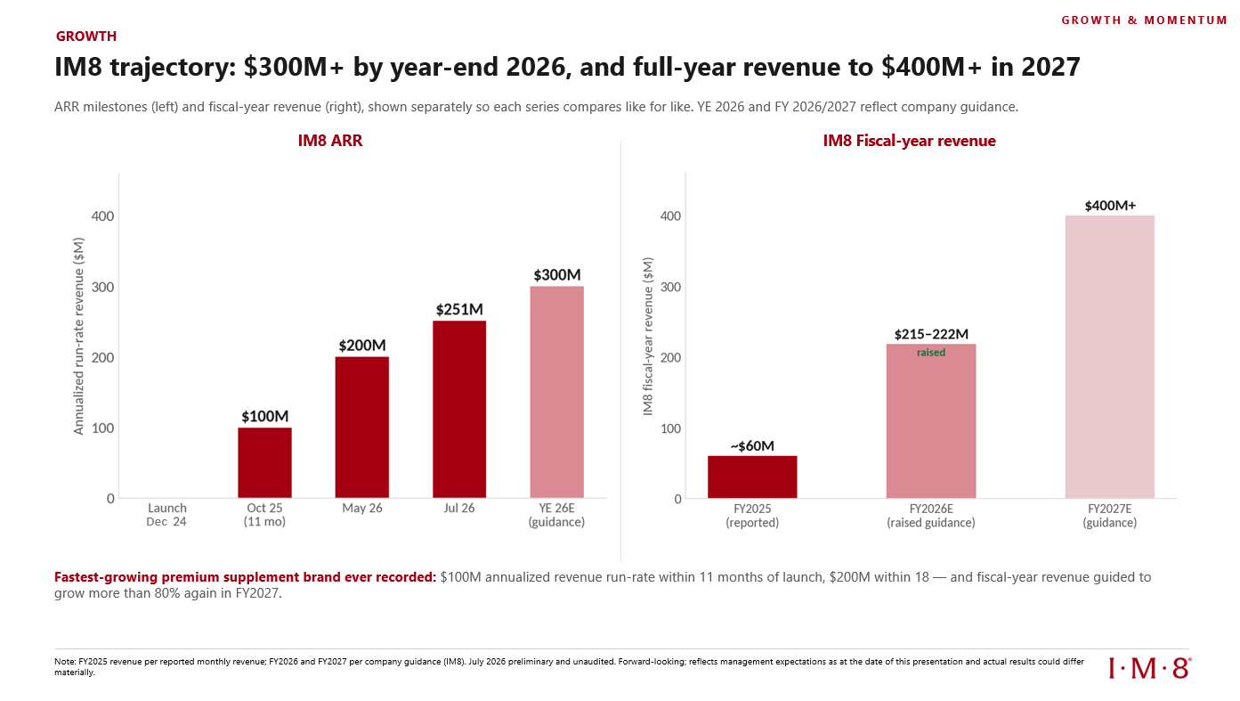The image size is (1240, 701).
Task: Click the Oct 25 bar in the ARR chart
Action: (264, 462)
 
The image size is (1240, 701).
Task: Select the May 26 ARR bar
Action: (362, 427)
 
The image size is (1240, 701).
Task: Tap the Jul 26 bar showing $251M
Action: (459, 409)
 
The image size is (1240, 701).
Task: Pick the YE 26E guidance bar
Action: (557, 392)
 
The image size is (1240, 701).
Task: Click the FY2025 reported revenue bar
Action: (752, 477)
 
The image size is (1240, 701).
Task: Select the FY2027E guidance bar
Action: (1110, 356)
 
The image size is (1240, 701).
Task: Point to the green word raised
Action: (931, 352)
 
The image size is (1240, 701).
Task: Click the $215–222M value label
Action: (931, 334)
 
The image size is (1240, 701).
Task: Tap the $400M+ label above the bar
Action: (1110, 206)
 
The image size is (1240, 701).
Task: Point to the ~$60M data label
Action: (752, 445)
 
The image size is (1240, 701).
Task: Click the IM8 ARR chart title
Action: (330, 141)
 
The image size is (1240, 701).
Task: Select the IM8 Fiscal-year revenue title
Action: (909, 141)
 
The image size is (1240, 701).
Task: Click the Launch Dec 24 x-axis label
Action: (166, 515)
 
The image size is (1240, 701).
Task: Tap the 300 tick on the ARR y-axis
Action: (103, 287)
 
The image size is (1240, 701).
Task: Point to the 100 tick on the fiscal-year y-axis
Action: (670, 428)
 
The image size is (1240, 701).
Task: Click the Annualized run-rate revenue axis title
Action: (78, 336)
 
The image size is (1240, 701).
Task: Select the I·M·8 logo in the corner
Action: (1150, 668)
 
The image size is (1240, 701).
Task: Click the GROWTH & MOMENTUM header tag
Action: (1144, 20)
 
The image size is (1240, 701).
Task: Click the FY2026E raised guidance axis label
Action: (931, 516)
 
